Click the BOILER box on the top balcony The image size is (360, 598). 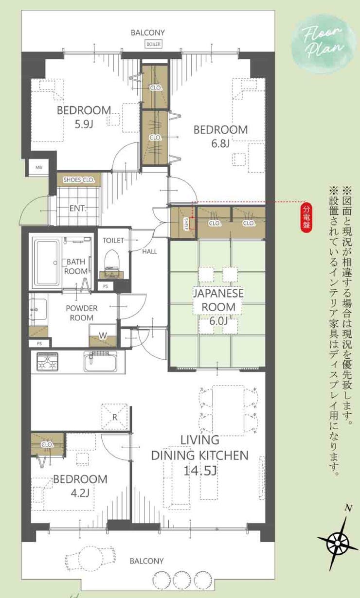tap(154, 44)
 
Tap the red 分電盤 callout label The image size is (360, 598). tap(306, 218)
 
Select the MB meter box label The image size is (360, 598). tap(39, 168)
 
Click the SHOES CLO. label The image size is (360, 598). tap(79, 180)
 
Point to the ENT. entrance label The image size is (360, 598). tap(78, 208)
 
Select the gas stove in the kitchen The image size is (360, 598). tap(48, 362)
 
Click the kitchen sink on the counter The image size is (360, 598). tap(100, 361)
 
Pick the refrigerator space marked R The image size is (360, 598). tap(115, 417)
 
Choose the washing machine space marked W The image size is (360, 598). tap(103, 335)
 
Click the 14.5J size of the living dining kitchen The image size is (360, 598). tap(200, 471)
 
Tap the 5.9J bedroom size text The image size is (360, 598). tap(84, 124)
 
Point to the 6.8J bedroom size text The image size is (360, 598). tap(220, 143)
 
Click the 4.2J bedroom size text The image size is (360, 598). tap(80, 493)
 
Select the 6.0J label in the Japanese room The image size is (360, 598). tap(218, 320)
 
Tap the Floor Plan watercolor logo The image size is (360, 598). tap(324, 44)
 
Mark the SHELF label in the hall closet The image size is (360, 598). tap(186, 224)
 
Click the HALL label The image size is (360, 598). tap(149, 251)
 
